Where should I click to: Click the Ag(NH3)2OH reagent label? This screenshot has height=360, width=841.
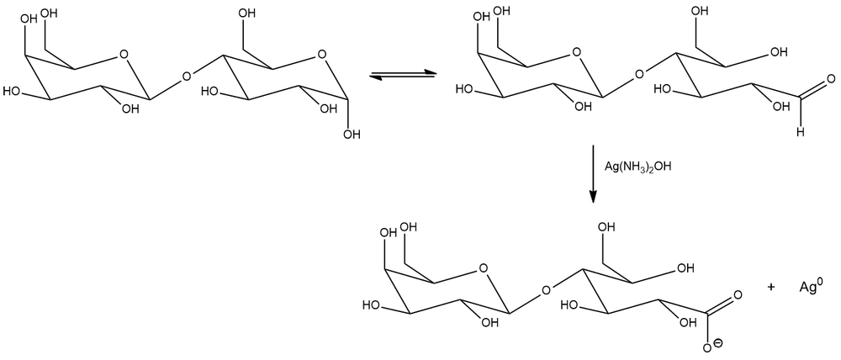pos(637,167)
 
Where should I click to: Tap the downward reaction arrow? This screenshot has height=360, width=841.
pos(593,174)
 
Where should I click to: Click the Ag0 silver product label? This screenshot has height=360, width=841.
pos(811,287)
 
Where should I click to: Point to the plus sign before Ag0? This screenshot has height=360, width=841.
pos(771,287)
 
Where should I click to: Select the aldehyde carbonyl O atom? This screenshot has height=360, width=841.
pos(832,80)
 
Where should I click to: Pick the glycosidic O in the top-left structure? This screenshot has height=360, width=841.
pos(186,77)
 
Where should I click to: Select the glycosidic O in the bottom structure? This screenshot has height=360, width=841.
pos(545,291)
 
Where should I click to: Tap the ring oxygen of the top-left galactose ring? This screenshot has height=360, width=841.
pos(124,55)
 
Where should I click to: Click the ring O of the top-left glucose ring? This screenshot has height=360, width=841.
pos(321,55)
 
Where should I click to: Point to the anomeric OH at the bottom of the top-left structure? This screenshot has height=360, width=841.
pos(351,134)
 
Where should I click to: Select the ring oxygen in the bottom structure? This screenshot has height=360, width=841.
pos(484,268)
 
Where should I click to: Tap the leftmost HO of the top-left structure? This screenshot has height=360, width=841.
pos(12,91)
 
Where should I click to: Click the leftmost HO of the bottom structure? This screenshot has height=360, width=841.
pos(372,305)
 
